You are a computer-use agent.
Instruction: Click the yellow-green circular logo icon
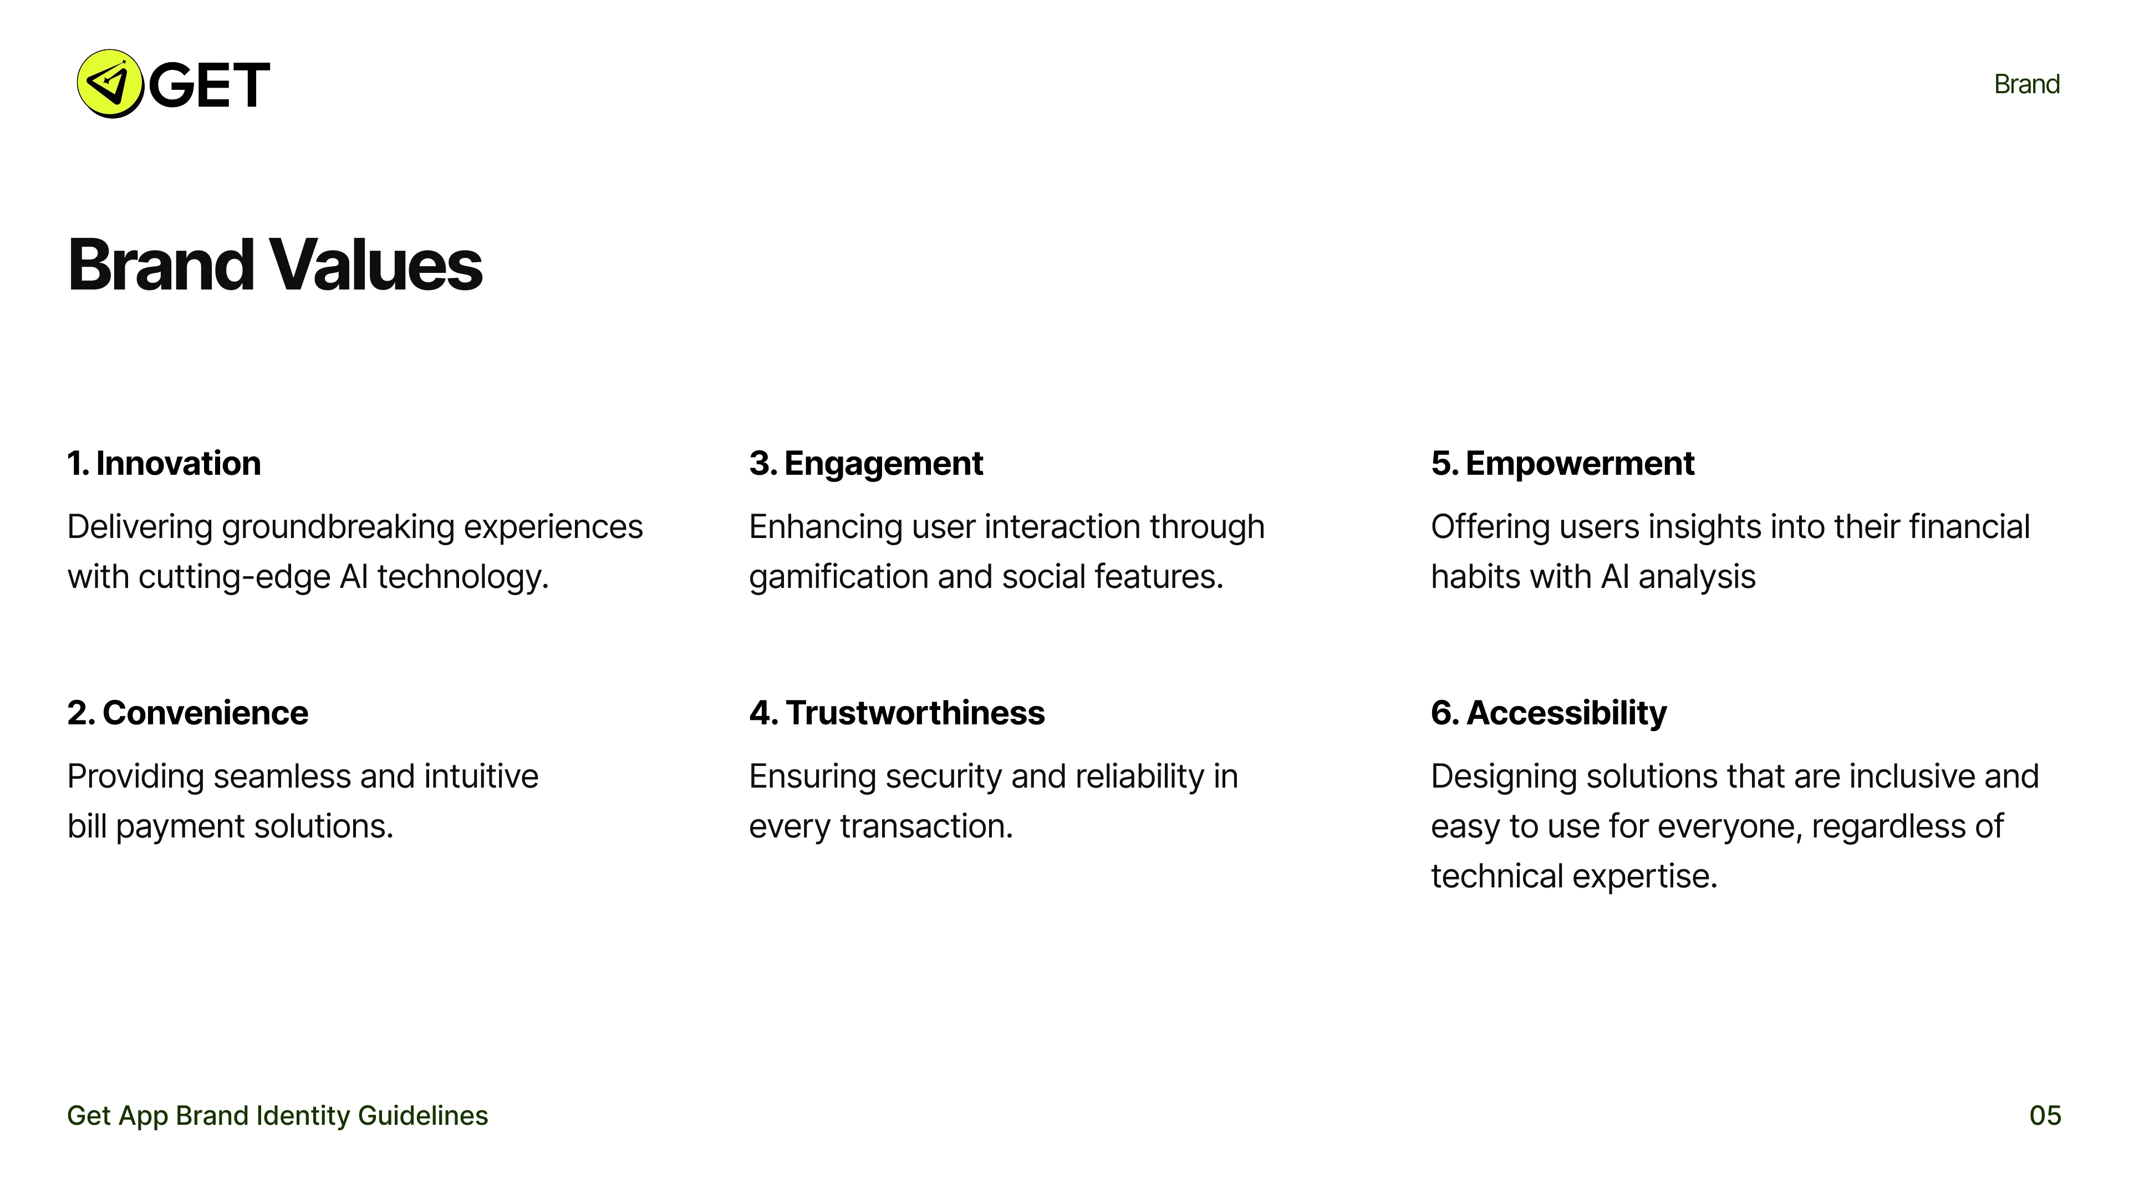pos(110,84)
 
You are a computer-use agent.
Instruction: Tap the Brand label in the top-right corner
pos(2026,84)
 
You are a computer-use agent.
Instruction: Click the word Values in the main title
pos(375,266)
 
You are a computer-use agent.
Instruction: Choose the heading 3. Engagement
pos(865,464)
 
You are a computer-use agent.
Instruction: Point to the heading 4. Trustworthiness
pos(896,713)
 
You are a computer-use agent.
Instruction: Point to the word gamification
pos(838,577)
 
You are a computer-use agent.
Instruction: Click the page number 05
pos(2045,1116)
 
